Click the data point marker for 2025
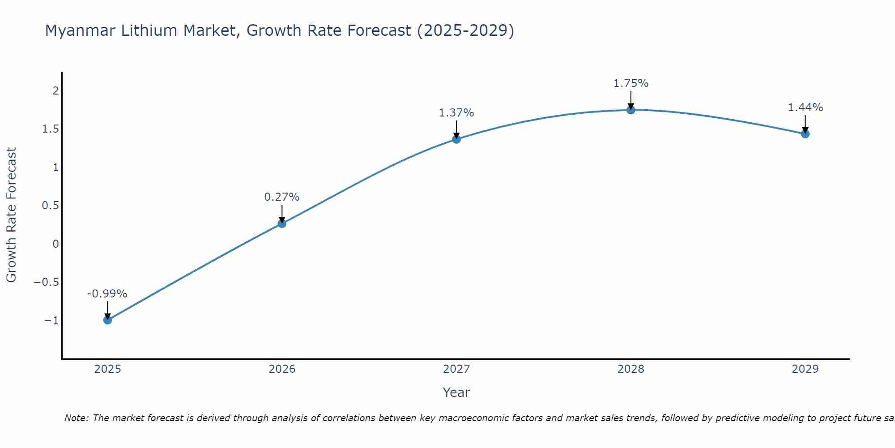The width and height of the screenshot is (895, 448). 107,320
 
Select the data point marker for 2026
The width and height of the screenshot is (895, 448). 282,223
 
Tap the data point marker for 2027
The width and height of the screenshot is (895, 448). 456,139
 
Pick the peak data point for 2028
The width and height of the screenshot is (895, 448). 631,110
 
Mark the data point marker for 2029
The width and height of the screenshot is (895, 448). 805,134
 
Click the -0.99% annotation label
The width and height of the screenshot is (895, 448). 107,294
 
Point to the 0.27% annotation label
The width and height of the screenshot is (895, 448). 282,197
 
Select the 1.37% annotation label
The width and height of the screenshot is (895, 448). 456,113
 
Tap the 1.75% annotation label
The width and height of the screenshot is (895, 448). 631,83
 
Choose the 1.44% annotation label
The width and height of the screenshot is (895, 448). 805,108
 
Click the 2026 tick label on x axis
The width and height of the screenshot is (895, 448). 282,369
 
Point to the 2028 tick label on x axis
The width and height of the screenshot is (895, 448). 631,369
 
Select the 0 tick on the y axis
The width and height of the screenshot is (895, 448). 55,244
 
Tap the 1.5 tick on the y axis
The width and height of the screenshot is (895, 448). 51,129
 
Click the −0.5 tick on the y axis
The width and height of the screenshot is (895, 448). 47,282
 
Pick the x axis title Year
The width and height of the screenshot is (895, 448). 456,392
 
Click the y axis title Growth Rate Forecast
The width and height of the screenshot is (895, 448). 11,215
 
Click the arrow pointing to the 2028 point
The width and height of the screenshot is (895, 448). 631,99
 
